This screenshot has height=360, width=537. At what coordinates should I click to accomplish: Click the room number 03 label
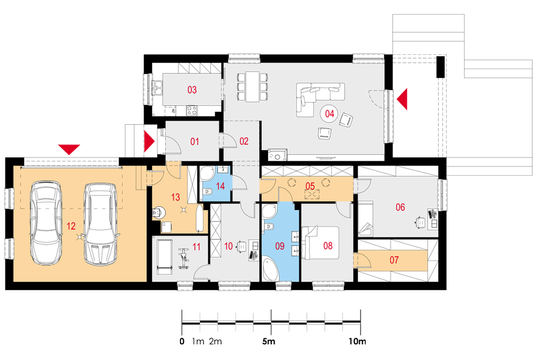pos(192,90)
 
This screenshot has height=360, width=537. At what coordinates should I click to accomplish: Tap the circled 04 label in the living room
pos(330,113)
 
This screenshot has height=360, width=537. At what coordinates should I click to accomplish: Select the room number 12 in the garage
pos(71,226)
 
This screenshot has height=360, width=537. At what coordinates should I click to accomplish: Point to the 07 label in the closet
pos(394,260)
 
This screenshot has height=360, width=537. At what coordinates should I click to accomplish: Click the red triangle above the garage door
pos(69,149)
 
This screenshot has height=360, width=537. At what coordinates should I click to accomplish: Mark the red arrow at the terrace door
pos(402,99)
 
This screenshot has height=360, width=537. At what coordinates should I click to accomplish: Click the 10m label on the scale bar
pos(358,341)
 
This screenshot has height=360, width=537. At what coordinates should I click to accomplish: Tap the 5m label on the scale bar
pos(268,341)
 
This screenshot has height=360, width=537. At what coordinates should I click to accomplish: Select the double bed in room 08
pos(320,242)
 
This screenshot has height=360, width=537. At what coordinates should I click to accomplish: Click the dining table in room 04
pos(252,87)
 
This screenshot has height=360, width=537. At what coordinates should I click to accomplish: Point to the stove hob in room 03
pos(192,110)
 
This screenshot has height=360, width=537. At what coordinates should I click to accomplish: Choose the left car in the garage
pos(47,224)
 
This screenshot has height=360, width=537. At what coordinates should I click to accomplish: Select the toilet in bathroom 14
pos(207,193)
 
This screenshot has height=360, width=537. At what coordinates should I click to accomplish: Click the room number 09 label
pos(280,246)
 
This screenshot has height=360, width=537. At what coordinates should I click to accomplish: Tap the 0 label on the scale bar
pos(182,341)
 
